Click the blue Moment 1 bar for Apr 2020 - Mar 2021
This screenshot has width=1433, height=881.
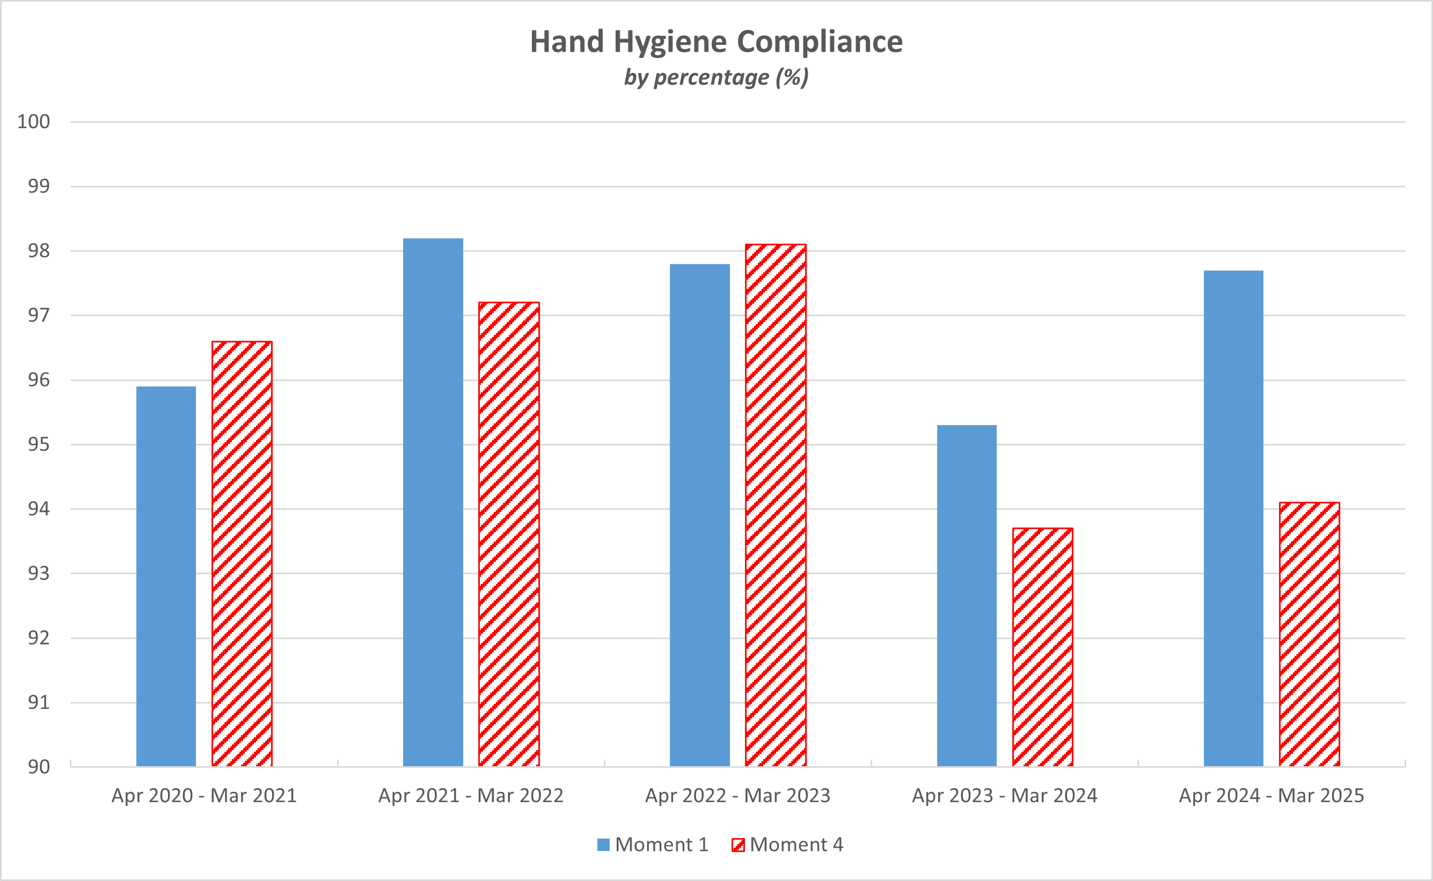point(166,577)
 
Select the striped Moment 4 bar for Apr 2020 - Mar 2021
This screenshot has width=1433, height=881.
point(242,554)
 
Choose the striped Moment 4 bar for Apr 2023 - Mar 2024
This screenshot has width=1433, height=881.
point(1043,647)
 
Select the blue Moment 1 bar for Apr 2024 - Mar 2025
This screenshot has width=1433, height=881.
point(1234,519)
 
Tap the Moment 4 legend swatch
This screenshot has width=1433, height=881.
point(738,845)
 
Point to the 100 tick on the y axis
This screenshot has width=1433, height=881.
point(34,122)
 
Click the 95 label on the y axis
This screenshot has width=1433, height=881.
point(39,445)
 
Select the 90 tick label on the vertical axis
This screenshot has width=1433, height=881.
point(39,767)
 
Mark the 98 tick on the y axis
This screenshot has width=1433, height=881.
point(39,251)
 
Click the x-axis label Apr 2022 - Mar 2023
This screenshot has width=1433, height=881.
point(738,796)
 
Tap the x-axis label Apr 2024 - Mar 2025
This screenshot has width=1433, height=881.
point(1271,796)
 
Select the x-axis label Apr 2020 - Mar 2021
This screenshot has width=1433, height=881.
point(204,796)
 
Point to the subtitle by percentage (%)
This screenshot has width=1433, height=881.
point(716,77)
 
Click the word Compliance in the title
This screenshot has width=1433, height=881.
point(820,42)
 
